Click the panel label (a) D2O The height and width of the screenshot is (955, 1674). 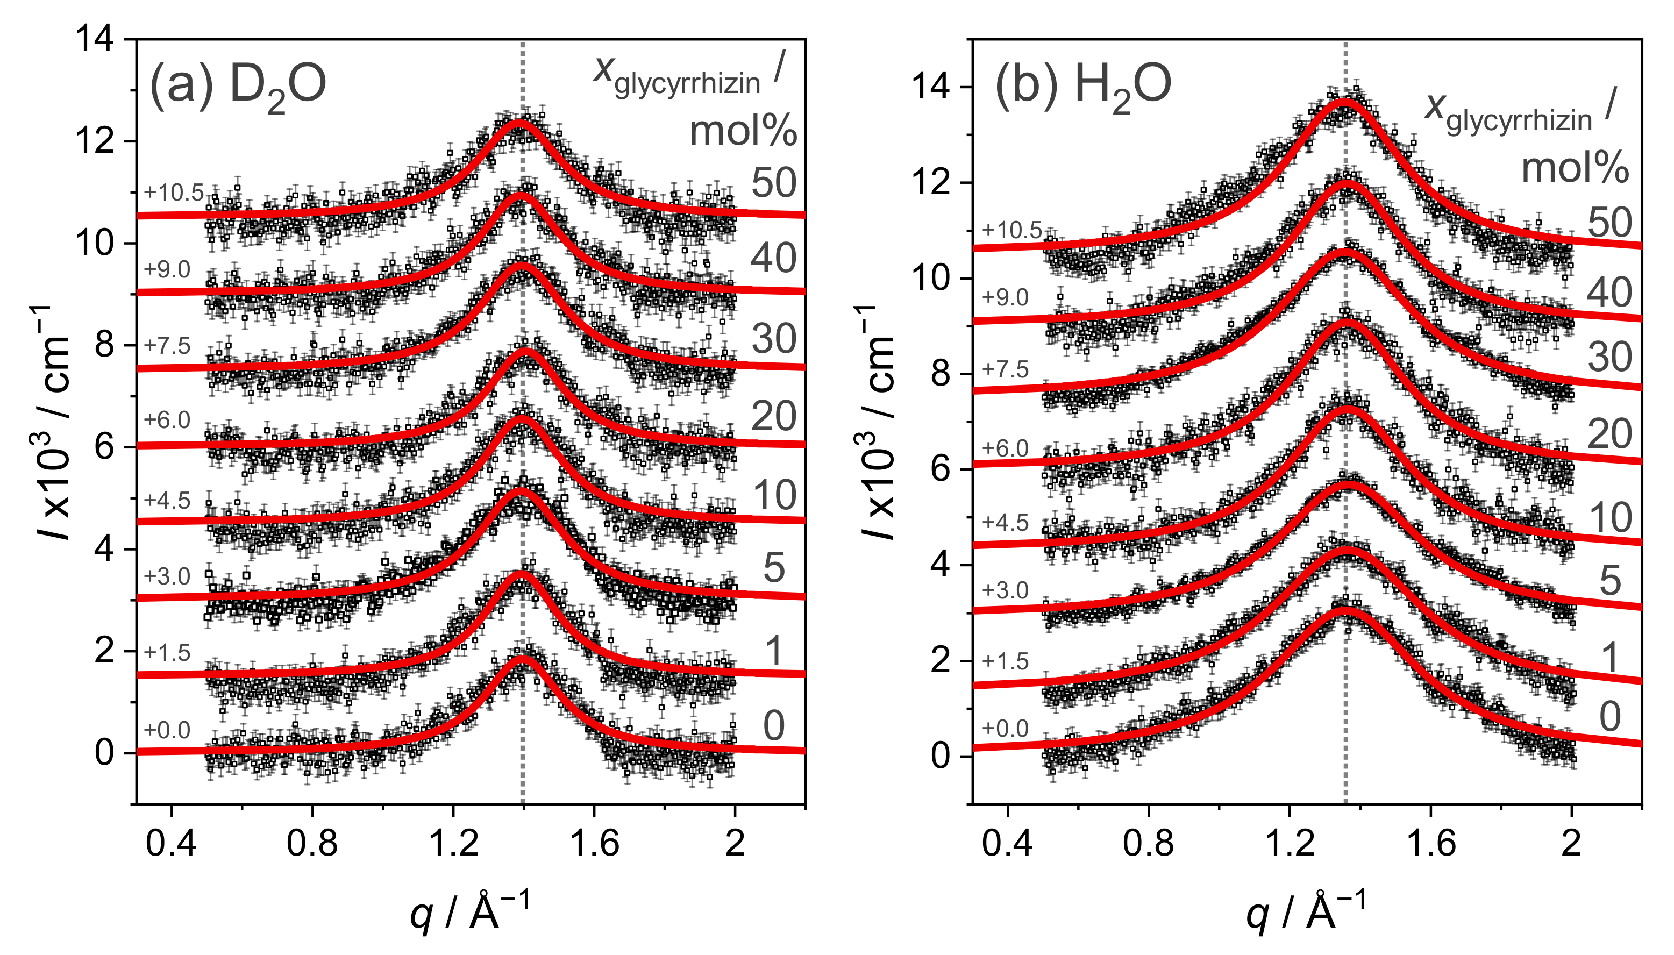[x=238, y=86]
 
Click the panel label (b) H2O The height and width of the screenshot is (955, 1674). [x=1082, y=86]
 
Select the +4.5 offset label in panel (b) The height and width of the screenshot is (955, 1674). [x=1005, y=523]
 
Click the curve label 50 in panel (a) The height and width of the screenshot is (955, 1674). [x=773, y=182]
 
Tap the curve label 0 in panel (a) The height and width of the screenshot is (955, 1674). [x=773, y=725]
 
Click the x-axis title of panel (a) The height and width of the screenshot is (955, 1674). [x=469, y=911]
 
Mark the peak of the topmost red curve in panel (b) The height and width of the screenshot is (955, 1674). [x=1345, y=99]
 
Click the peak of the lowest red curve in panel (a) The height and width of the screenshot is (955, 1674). [x=522, y=658]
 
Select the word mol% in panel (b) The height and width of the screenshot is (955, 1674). [x=1575, y=168]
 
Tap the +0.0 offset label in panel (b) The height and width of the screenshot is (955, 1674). [x=1005, y=729]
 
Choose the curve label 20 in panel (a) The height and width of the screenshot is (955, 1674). [x=773, y=416]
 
